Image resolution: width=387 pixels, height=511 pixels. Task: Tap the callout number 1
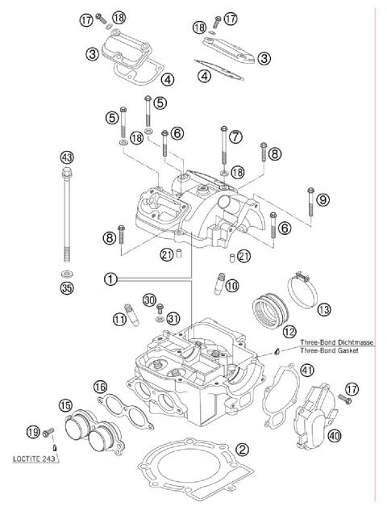coord(110,279)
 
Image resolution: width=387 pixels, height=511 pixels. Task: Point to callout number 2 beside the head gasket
coord(241,450)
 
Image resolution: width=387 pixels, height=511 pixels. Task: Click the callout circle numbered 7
coord(235,137)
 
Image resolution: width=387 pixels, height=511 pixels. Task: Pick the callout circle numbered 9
coord(322,199)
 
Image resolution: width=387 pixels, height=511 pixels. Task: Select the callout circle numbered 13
coord(322,308)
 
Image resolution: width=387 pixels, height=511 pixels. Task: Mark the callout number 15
coord(65,404)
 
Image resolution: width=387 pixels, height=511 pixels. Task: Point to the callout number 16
coord(100,387)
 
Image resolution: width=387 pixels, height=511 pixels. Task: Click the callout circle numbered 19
coord(32,431)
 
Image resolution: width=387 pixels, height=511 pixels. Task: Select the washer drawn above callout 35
coord(66,273)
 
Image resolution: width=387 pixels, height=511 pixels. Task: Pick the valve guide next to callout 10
coord(218,285)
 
